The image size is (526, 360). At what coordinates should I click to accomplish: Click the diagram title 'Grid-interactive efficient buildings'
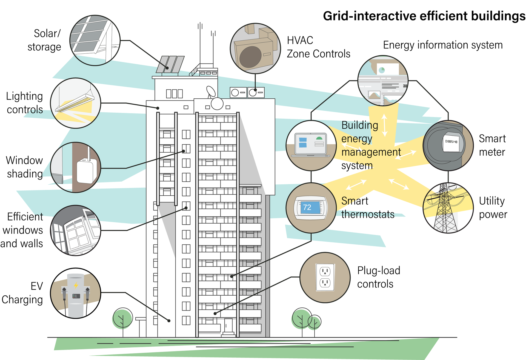coord(424,16)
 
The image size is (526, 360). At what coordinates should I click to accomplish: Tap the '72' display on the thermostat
coord(307,207)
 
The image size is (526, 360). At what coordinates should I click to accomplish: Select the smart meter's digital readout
coord(451,142)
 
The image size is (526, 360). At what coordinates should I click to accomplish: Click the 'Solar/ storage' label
coord(44,40)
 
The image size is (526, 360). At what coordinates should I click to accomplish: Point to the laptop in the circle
coord(310,145)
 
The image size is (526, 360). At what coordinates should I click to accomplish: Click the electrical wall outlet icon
coord(325,277)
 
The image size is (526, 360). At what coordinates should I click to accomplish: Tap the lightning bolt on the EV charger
coord(76,285)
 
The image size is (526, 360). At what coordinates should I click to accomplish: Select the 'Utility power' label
coord(493,208)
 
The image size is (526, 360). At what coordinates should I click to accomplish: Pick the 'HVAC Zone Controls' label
coord(318,47)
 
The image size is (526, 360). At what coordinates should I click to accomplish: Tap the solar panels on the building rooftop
coord(170,64)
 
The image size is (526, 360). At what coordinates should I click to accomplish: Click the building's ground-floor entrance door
coord(228,326)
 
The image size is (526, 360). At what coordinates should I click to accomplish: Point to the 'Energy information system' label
coord(443,45)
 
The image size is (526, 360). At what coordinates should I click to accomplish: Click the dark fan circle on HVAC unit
coord(250,57)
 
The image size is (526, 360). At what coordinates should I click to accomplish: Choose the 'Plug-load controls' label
coord(378,277)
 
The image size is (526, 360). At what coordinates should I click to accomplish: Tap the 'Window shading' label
coord(25,167)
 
